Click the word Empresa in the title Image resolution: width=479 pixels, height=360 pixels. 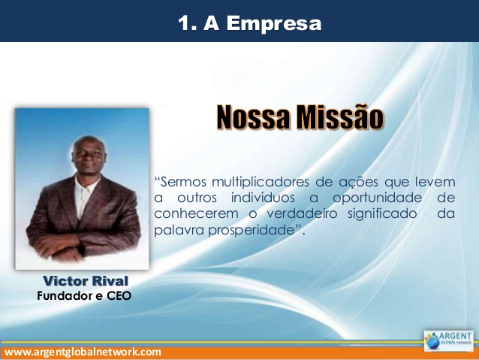[274, 23]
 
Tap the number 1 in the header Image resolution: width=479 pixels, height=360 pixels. [184, 23]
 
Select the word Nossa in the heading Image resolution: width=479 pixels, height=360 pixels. [252, 117]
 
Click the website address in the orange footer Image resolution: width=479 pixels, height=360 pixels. [83, 352]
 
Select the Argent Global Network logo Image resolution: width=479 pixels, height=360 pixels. [449, 340]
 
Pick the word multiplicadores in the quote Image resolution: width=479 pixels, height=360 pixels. [261, 183]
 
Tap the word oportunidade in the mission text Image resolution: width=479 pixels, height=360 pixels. [378, 198]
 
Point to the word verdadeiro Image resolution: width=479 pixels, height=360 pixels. [302, 213]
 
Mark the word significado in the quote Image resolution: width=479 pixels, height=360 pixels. [382, 213]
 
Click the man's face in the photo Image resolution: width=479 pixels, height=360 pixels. [89, 156]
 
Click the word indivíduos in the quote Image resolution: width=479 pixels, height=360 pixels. [263, 198]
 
